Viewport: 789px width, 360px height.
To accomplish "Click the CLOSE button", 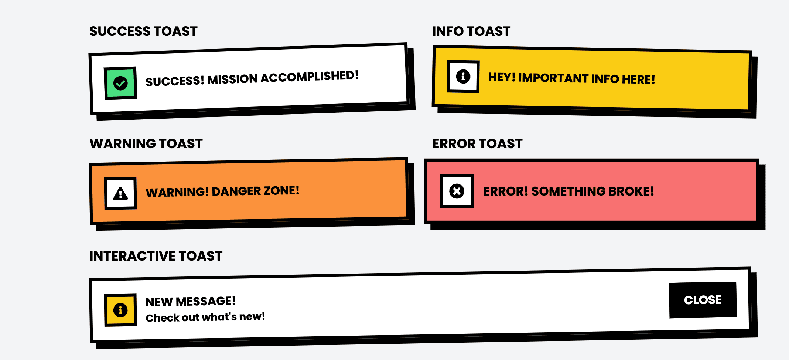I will (x=703, y=300).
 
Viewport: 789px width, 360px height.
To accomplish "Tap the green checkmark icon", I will (x=120, y=83).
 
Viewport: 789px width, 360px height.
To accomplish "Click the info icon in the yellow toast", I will (x=463, y=77).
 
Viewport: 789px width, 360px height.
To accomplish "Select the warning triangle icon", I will (x=120, y=193).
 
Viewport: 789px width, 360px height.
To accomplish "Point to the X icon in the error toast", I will (x=457, y=191).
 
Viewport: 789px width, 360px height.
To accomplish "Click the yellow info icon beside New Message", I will (x=120, y=310).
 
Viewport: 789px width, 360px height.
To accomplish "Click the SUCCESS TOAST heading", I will (x=143, y=31).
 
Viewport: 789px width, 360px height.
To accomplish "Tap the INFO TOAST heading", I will (x=471, y=31).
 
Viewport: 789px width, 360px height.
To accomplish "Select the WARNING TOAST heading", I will (x=146, y=143).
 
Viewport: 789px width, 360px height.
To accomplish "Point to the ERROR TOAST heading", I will (x=477, y=143).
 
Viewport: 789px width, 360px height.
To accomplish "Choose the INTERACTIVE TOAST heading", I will (x=156, y=256).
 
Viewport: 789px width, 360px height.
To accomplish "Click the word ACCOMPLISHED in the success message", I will (x=309, y=77).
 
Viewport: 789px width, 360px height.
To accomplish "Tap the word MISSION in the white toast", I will (x=232, y=79).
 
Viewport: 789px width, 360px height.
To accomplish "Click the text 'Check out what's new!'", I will (x=205, y=317).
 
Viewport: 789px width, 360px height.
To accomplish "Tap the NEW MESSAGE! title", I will (x=191, y=302).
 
